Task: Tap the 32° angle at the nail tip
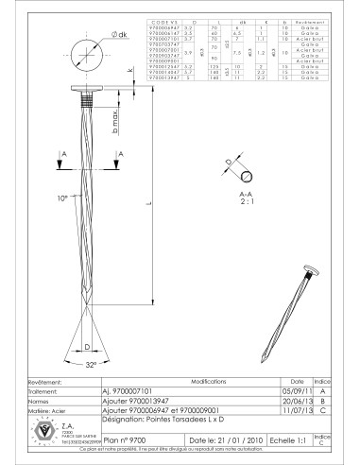91,364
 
